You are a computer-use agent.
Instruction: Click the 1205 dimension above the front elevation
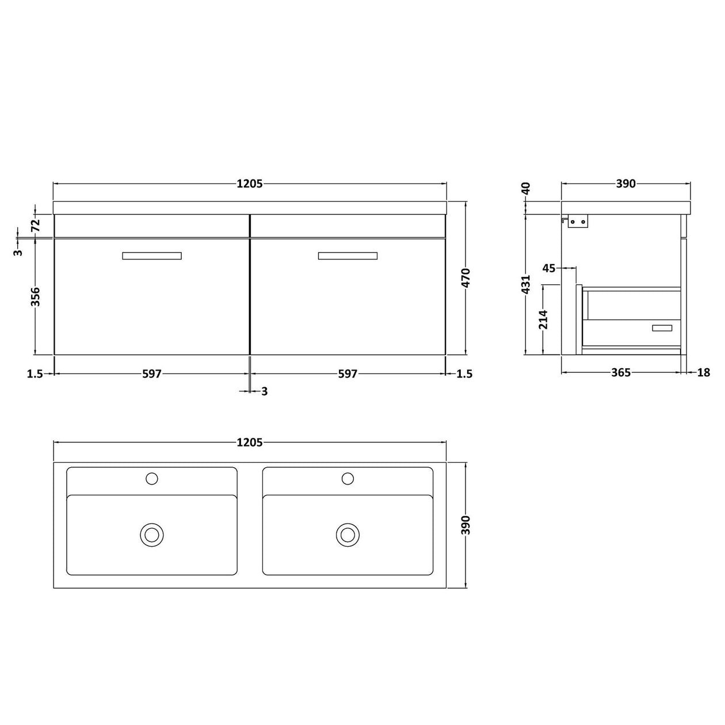pyautogui.click(x=249, y=184)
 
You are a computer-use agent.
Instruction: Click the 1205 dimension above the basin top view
pyautogui.click(x=249, y=442)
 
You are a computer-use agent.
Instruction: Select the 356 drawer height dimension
pyautogui.click(x=36, y=297)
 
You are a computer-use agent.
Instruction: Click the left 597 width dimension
pyautogui.click(x=151, y=374)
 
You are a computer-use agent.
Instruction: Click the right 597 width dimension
pyautogui.click(x=348, y=374)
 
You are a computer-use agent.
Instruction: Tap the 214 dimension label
pyautogui.click(x=543, y=319)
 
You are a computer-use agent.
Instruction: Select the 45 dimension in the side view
pyautogui.click(x=549, y=268)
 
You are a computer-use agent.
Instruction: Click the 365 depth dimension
pyautogui.click(x=621, y=373)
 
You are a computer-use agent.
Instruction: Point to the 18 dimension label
pyautogui.click(x=704, y=373)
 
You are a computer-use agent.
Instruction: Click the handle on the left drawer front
pyautogui.click(x=152, y=256)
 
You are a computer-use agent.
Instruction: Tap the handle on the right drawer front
pyautogui.click(x=348, y=256)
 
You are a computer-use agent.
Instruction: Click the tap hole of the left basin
pyautogui.click(x=152, y=478)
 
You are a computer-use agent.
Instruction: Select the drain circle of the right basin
pyautogui.click(x=348, y=535)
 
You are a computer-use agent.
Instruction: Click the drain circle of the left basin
pyautogui.click(x=152, y=535)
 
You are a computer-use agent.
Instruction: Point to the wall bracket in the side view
pyautogui.click(x=577, y=222)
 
